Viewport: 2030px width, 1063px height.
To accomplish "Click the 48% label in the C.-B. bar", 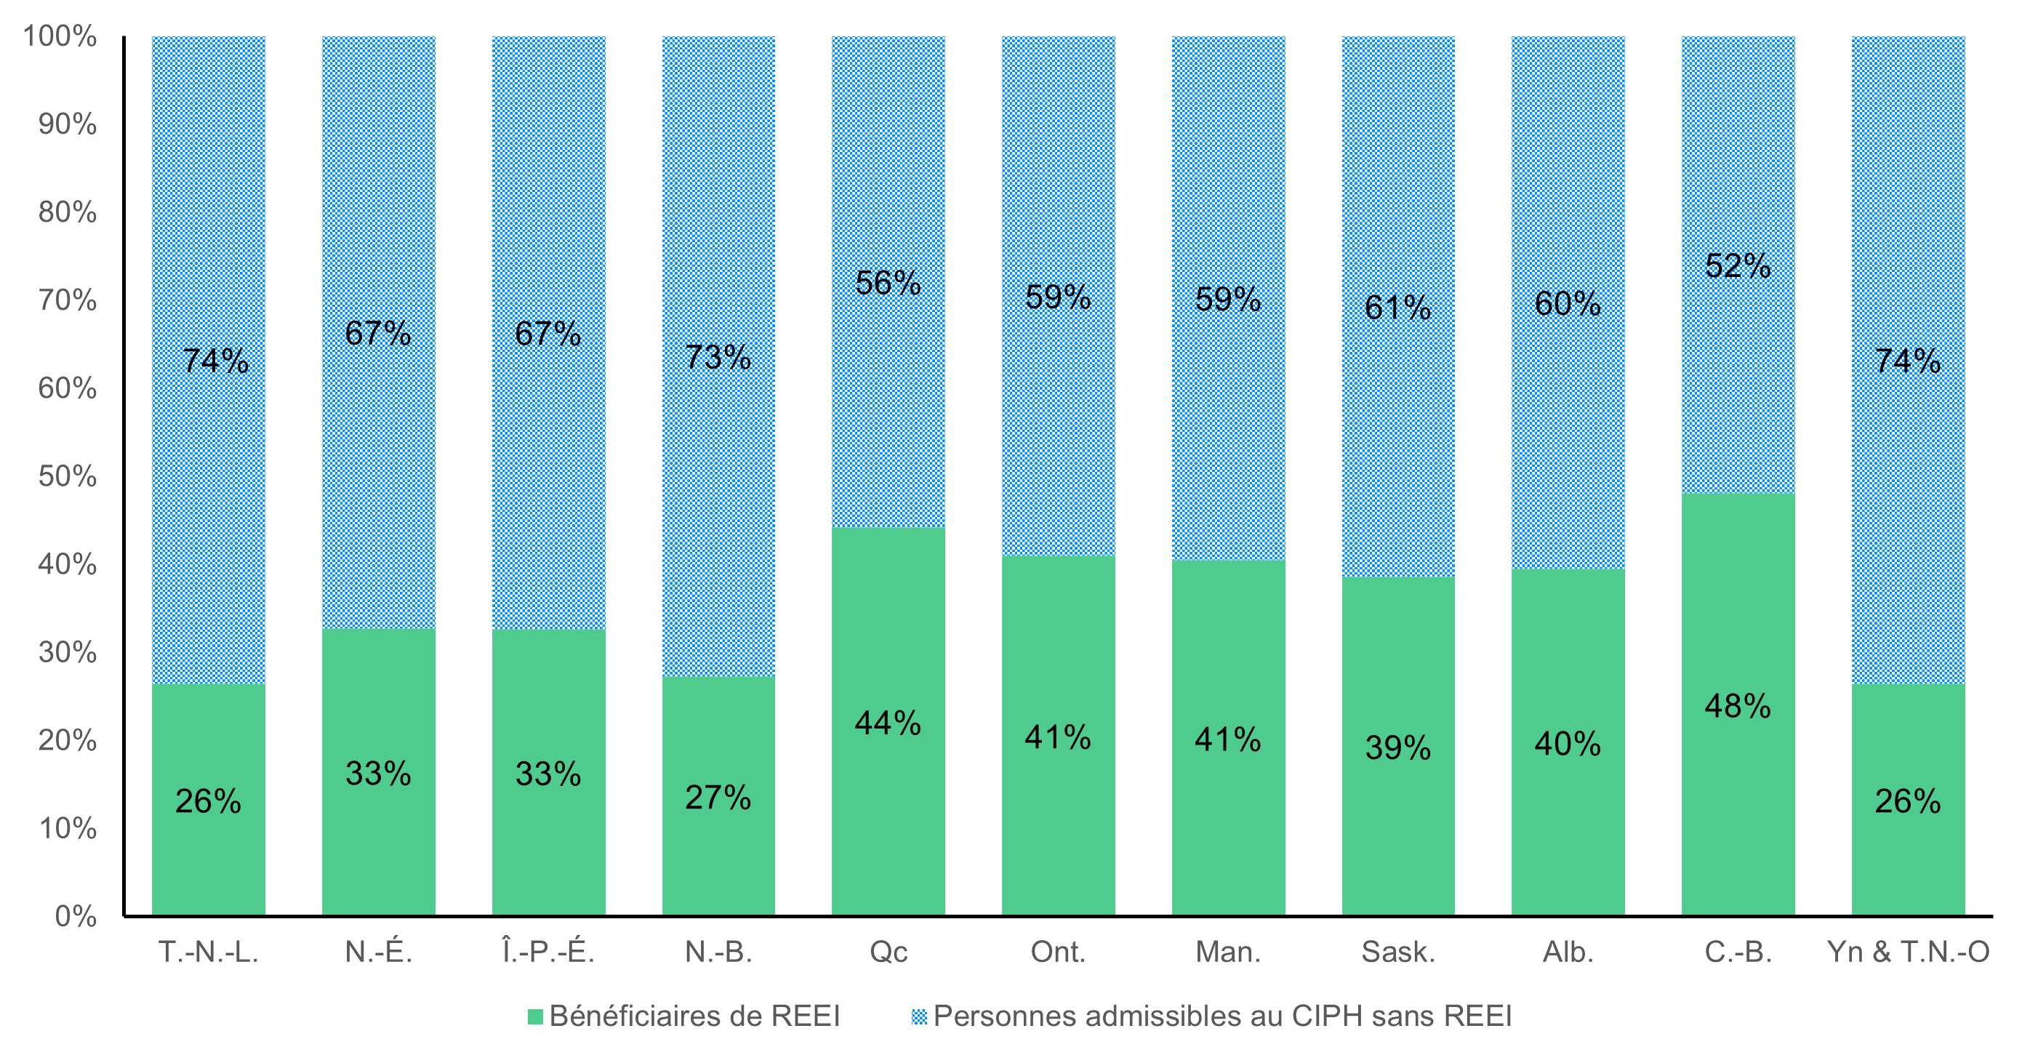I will (1737, 706).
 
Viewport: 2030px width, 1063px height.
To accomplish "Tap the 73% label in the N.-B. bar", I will (717, 357).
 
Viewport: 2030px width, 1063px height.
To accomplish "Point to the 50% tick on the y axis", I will (67, 476).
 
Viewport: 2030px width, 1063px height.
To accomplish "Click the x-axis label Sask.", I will (1398, 952).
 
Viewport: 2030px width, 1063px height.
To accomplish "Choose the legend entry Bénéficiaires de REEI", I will (694, 1016).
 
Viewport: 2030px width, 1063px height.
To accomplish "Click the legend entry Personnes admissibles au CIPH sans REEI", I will (1221, 1016).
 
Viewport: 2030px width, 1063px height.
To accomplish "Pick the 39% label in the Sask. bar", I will (1397, 747).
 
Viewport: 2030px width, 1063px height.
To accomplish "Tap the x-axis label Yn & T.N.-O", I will (1907, 952).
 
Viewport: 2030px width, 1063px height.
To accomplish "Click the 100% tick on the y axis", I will (59, 36).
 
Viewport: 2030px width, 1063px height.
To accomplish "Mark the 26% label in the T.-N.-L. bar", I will (208, 801).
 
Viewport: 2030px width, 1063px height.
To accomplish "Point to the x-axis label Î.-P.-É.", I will (547, 952).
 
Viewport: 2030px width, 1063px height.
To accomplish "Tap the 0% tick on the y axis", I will (75, 915).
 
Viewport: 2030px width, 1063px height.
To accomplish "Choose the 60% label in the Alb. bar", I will (1568, 303).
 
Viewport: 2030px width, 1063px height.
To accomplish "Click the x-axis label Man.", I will (1228, 952).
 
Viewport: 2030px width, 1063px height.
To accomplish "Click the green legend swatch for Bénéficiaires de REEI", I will (535, 1016).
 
